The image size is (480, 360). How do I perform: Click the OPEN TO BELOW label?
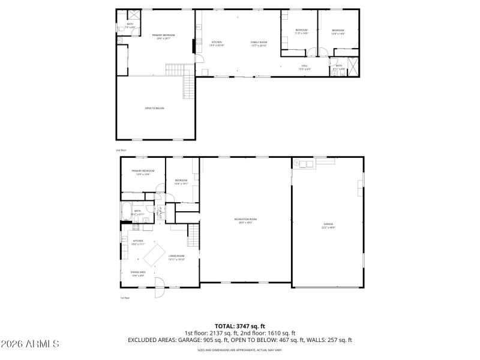154,108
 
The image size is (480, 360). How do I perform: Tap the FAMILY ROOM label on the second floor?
259,43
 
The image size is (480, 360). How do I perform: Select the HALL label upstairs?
304,67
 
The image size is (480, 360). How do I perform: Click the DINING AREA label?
138,273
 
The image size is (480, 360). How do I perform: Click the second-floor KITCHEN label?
216,43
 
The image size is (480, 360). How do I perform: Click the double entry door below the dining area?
159,289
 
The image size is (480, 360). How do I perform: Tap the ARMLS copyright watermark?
30,344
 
